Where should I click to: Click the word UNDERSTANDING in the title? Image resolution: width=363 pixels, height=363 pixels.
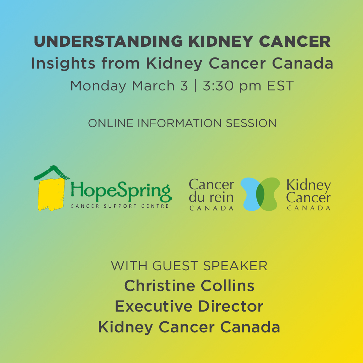click(108, 41)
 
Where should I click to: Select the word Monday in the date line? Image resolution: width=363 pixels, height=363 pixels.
click(98, 86)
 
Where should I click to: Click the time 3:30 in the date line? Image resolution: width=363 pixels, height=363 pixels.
click(218, 86)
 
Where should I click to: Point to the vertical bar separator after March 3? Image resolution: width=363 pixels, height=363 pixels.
click(195, 86)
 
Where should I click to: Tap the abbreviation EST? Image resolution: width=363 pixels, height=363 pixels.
click(280, 86)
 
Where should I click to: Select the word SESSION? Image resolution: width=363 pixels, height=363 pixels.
click(251, 123)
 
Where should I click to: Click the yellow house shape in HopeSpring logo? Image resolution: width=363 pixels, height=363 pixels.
click(51, 194)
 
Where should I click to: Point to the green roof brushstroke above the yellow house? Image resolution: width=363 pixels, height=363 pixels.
click(52, 172)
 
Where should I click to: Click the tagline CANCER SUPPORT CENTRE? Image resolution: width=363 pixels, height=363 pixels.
click(120, 206)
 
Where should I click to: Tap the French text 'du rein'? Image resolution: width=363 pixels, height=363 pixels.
click(211, 198)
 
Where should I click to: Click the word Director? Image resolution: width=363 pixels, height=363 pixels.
click(231, 306)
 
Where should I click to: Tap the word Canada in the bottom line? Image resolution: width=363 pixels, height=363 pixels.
click(250, 327)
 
